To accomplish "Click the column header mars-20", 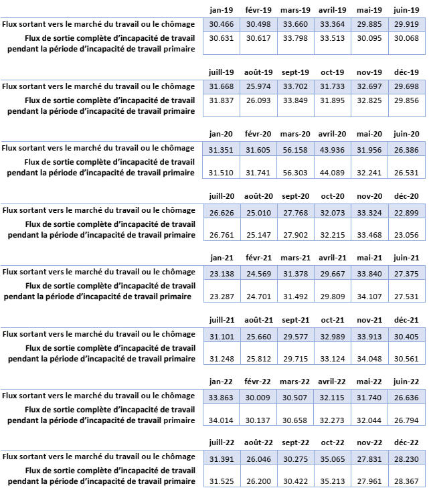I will pos(294,134).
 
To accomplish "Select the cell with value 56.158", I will pos(294,148).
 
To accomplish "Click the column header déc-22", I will pos(406,442).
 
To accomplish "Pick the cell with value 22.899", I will pos(406,210).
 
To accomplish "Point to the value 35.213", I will pos(332,481).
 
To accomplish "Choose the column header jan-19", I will pos(221,10).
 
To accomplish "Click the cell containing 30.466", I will pos(221,24).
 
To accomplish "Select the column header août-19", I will pos(258,72).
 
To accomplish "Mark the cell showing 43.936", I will pos(332,148).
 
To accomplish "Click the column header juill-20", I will pos(221,195).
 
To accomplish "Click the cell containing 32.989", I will pos(332,333).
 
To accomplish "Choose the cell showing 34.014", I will pos(221,419).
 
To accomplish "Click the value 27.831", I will pos(369,457).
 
